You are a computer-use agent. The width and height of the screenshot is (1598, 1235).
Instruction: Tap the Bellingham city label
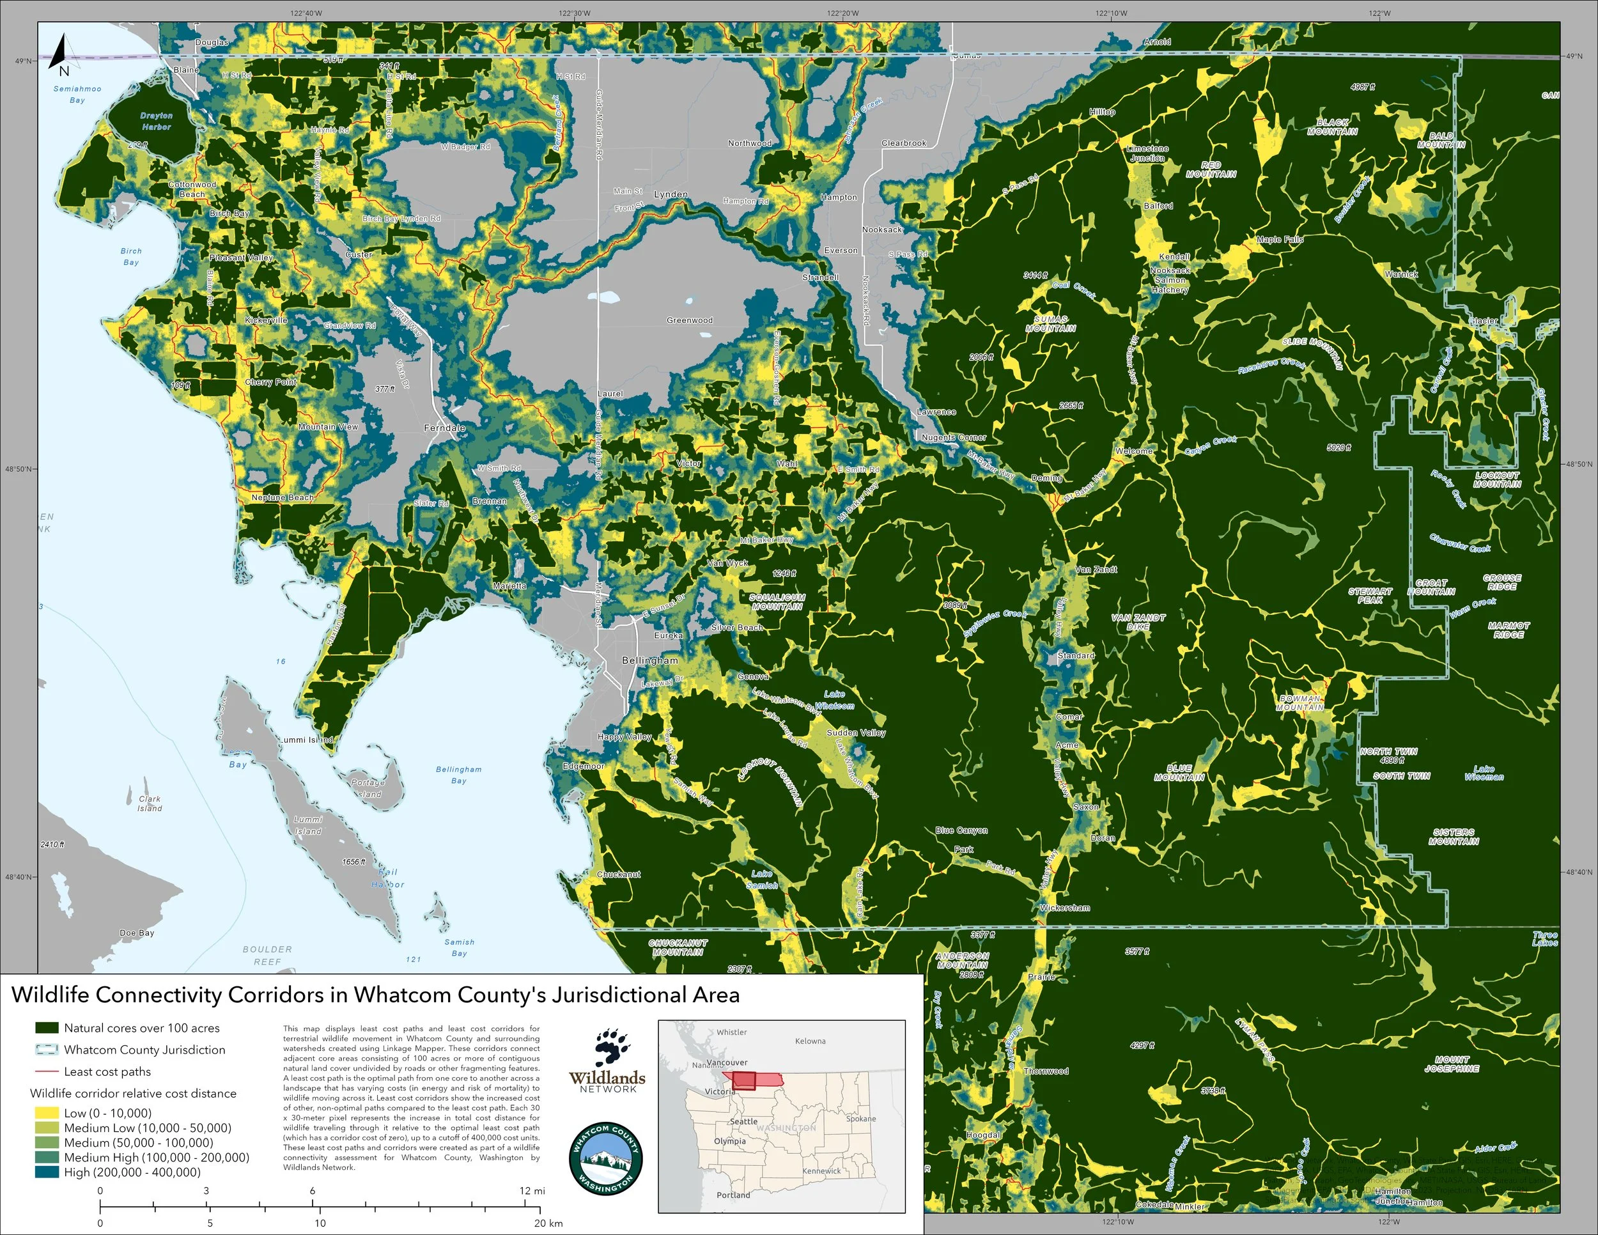click(x=649, y=660)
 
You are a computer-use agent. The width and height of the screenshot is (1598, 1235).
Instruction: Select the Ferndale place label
click(x=444, y=427)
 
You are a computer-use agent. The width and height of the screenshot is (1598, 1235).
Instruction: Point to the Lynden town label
click(x=671, y=194)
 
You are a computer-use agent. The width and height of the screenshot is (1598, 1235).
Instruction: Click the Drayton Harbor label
click(x=156, y=121)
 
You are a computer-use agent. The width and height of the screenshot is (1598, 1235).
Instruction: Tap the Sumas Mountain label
click(x=1050, y=323)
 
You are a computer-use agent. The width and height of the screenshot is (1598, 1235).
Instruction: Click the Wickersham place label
click(x=1065, y=907)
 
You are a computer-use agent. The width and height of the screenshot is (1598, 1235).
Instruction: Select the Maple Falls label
click(x=1280, y=239)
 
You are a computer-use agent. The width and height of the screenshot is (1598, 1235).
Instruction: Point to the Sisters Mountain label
click(x=1453, y=836)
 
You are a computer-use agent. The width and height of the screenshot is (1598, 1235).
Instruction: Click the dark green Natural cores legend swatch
click(x=46, y=1028)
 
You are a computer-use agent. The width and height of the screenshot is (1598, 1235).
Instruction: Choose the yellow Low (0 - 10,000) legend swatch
click(x=46, y=1113)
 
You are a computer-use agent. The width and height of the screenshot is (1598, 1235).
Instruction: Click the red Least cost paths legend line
click(x=46, y=1072)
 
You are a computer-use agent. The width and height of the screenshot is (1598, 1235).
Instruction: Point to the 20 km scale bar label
click(x=547, y=1223)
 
